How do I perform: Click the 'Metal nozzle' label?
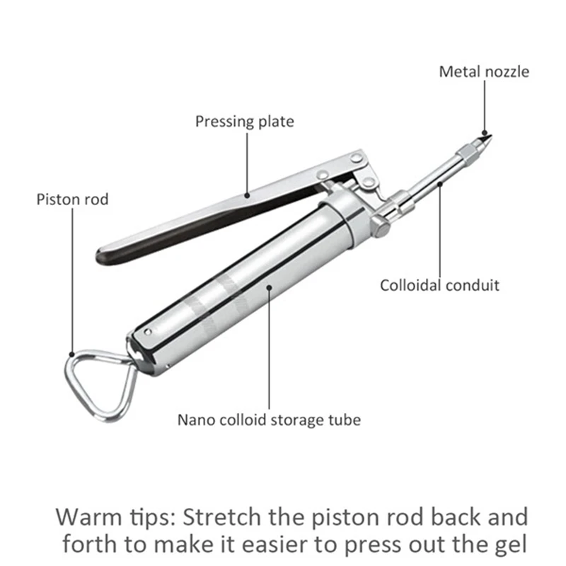pos(484,72)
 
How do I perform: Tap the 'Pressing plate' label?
pos(245,122)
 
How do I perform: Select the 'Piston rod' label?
pos(73,200)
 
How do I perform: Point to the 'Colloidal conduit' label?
pos(439,286)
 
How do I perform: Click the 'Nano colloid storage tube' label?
pos(270,420)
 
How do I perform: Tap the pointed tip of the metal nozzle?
pos(490,136)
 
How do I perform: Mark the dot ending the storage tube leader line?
pos(269,287)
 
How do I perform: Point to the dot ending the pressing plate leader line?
pos(247,196)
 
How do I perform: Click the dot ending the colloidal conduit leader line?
pos(440,184)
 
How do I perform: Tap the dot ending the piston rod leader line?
pos(72,354)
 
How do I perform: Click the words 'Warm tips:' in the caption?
pos(115,518)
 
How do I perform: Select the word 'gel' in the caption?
pos(512,545)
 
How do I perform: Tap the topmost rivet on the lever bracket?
pos(357,157)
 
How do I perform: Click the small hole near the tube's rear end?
pos(148,331)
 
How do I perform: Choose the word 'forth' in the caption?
pos(91,544)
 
